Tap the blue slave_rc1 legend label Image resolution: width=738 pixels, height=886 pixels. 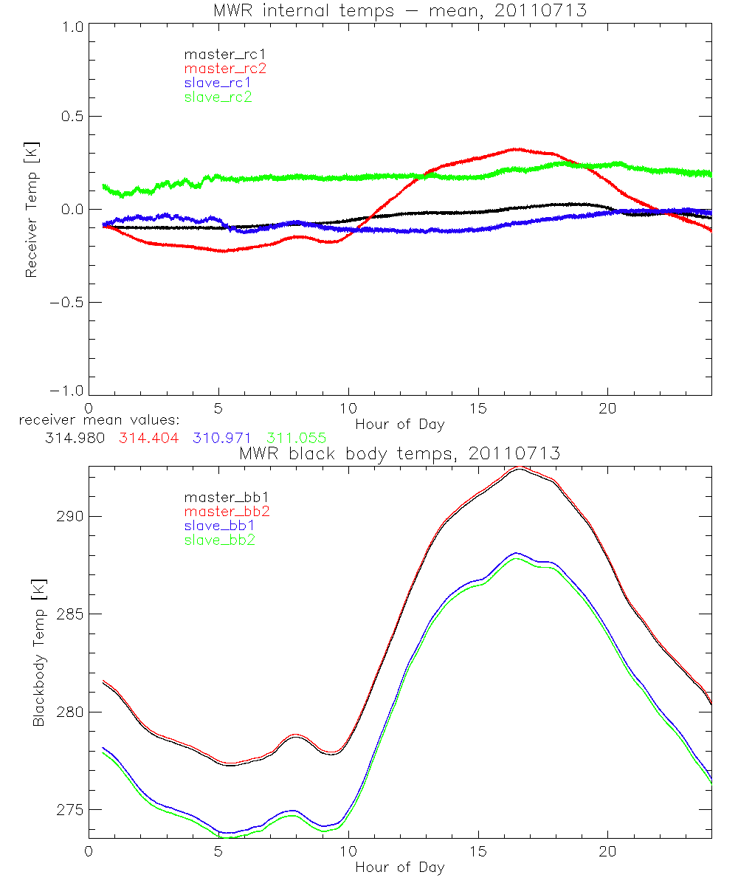click(x=217, y=83)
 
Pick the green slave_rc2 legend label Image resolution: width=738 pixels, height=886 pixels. click(x=218, y=97)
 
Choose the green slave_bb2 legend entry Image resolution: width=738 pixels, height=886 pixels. click(x=220, y=540)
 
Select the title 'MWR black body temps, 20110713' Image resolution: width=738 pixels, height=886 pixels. click(x=400, y=453)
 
